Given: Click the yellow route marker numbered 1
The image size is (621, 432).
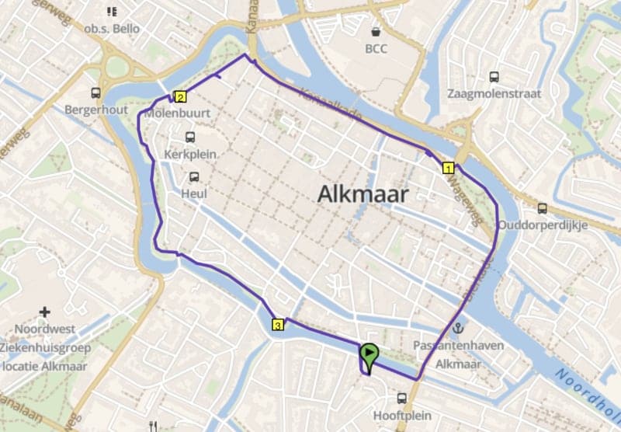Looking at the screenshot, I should click(448, 167).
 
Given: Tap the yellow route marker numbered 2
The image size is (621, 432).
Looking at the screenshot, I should click(180, 97).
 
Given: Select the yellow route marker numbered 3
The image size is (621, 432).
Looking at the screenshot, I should click(278, 324).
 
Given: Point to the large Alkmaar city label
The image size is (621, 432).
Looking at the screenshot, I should click(362, 195).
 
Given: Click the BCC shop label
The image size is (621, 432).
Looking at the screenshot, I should click(376, 48).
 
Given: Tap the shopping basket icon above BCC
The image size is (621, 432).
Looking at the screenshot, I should click(376, 32).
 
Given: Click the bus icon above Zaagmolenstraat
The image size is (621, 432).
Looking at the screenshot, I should click(494, 76).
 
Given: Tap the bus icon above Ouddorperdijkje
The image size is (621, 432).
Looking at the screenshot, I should click(542, 208).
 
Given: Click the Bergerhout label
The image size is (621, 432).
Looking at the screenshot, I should click(95, 110).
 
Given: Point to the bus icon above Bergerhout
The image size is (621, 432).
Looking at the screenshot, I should click(95, 92).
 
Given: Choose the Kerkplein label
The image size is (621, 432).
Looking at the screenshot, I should click(190, 155).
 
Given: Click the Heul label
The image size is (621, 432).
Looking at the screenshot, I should click(193, 193).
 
